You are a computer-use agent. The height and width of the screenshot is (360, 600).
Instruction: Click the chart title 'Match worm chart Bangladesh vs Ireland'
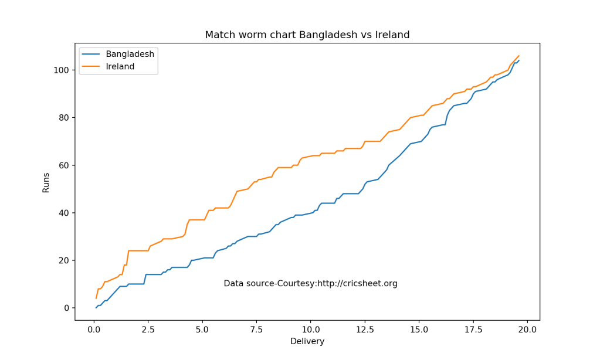coord(307,35)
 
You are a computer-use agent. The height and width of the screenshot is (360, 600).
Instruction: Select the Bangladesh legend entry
coord(130,54)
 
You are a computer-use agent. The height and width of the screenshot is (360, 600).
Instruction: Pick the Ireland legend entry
coord(120,67)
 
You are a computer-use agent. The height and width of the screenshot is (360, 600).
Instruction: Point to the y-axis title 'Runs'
coord(46,182)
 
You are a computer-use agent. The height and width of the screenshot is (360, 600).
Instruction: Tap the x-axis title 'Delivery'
coord(307,341)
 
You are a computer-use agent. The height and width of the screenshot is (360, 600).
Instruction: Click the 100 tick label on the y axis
coord(60,70)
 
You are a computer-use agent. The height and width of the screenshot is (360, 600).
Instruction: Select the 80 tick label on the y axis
coord(63,118)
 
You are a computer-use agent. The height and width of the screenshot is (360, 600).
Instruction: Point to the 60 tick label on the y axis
coord(63,165)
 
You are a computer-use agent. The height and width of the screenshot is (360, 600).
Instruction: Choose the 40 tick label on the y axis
coord(63,213)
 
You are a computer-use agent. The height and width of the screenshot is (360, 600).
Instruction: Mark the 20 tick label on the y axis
coord(63,260)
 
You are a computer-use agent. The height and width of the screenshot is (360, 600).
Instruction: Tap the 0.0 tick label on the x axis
coord(94,329)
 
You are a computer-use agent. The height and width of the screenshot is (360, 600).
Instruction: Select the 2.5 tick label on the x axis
coord(148,329)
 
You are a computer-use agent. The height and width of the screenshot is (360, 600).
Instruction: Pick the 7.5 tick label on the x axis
coord(256,329)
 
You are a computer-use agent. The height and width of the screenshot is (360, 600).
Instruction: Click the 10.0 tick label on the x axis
coord(311,329)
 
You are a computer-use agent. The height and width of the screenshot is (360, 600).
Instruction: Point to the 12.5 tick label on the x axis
coord(365,329)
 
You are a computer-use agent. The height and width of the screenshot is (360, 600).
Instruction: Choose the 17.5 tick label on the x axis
coord(473,329)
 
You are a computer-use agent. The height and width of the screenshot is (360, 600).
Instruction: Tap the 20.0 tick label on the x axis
coord(527,329)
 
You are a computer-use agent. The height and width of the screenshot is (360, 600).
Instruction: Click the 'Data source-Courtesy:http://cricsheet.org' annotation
coord(310,284)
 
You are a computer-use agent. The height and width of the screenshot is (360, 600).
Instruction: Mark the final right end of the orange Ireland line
coord(519,56)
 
